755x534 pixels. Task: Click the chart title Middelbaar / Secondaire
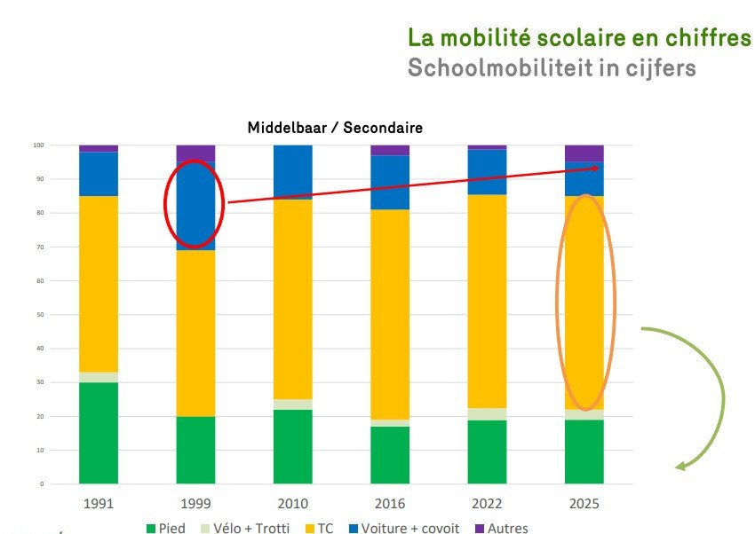click(x=334, y=128)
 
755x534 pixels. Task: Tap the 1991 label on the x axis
click(x=99, y=504)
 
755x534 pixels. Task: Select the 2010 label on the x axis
click(x=293, y=504)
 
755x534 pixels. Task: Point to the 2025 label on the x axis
click(x=584, y=504)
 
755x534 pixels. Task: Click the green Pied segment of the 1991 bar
click(x=99, y=433)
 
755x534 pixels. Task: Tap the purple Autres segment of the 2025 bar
click(x=584, y=153)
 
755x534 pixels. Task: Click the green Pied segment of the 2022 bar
click(x=487, y=452)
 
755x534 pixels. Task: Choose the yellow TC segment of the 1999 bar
click(x=195, y=333)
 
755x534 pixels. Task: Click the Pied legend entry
click(x=166, y=529)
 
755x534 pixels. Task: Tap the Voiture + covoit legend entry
click(x=403, y=529)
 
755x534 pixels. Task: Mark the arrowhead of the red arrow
click(x=597, y=168)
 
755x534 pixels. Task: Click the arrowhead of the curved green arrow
click(x=680, y=465)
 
